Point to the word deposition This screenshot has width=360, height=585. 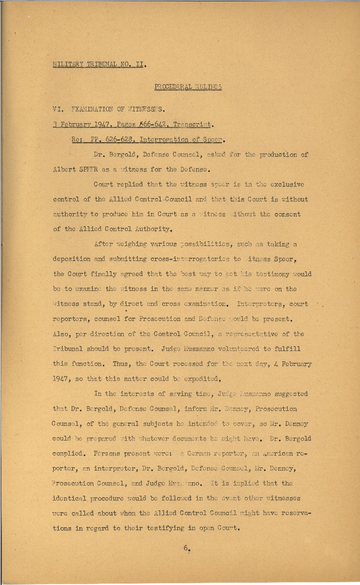pyautogui.click(x=73, y=260)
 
